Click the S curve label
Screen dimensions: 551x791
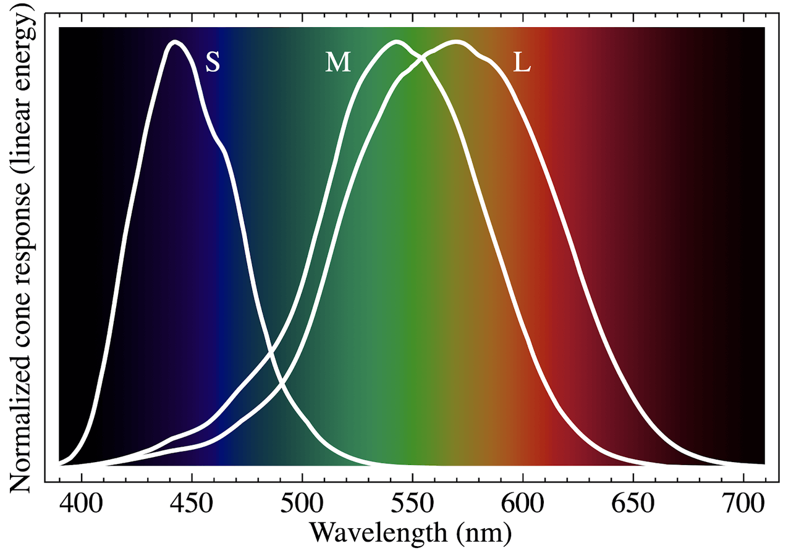coord(213,62)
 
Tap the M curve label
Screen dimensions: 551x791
coord(338,62)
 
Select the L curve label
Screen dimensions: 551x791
coord(522,62)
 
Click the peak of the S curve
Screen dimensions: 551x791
coord(176,42)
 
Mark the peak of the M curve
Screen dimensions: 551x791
coord(396,42)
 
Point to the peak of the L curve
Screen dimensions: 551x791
coord(456,42)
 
